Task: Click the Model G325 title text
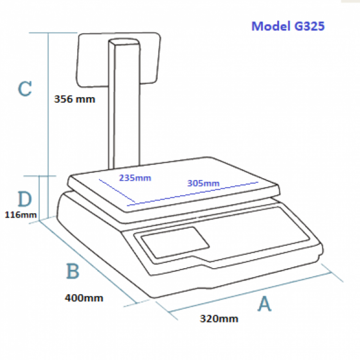tap(288, 26)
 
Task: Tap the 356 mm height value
tap(75, 99)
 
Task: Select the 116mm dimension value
tap(21, 215)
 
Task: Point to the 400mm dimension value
tap(84, 298)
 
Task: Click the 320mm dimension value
tap(219, 319)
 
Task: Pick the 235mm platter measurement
tap(135, 178)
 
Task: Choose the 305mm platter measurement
tap(203, 183)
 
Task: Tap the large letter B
tap(73, 271)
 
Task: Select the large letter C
tap(25, 89)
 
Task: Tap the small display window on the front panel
tap(175, 242)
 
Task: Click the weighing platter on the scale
tap(174, 184)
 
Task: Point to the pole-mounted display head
tap(118, 60)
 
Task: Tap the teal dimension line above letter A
tap(250, 292)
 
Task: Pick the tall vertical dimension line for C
tap(48, 125)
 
